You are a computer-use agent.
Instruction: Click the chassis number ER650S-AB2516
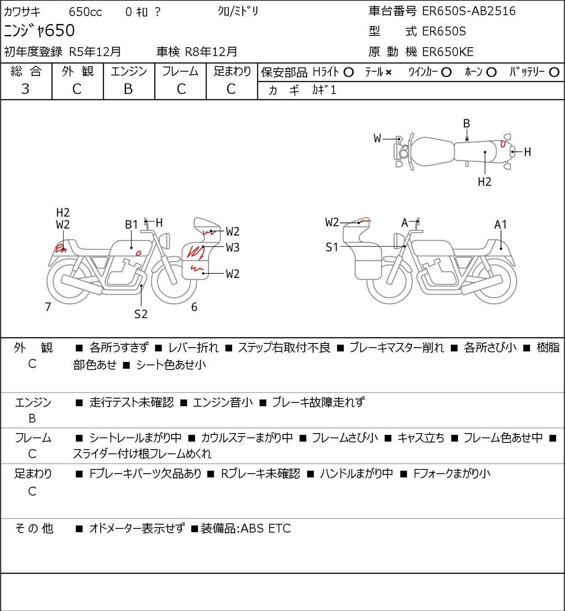(x=469, y=11)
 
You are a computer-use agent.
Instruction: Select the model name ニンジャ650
(x=39, y=30)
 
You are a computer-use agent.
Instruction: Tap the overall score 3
(x=25, y=89)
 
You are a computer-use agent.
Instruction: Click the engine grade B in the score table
(x=128, y=89)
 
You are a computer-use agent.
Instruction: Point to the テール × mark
(x=388, y=72)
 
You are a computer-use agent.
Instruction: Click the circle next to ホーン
(x=491, y=72)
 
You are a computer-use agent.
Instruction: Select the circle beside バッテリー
(x=554, y=72)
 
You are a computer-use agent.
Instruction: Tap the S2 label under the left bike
(x=141, y=314)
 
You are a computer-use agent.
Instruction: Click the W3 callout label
(x=232, y=247)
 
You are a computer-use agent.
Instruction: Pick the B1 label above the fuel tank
(x=131, y=225)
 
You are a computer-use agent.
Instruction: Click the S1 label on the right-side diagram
(x=332, y=247)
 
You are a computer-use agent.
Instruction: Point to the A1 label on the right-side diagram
(x=501, y=225)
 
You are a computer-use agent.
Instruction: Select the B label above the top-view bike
(x=466, y=123)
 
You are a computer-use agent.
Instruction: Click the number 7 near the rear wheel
(x=48, y=307)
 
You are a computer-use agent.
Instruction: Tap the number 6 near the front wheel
(x=194, y=307)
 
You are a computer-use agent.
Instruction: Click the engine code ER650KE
(x=448, y=52)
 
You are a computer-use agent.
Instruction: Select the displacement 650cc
(x=85, y=12)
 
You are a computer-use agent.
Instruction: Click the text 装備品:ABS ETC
(x=246, y=528)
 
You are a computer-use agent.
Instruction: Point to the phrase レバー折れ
(x=193, y=348)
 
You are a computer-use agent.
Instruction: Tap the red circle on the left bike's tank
(x=139, y=253)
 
